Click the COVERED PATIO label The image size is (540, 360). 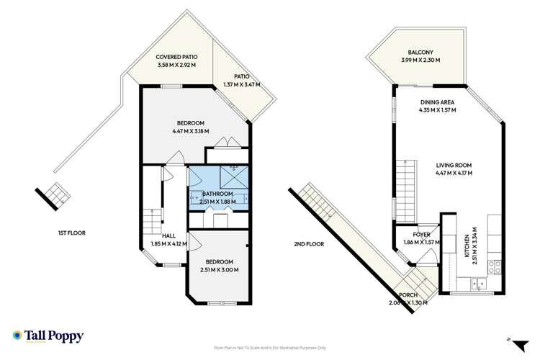click(x=177, y=57)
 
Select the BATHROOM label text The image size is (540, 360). click(x=217, y=194)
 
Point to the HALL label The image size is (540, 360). click(x=168, y=235)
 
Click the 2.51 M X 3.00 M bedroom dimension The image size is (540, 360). click(x=219, y=270)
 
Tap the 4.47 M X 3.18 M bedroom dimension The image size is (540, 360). click(x=190, y=132)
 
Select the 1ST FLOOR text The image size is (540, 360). click(x=73, y=233)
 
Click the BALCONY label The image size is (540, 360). click(x=420, y=53)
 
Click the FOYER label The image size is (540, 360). click(x=421, y=235)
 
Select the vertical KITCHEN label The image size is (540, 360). click(x=467, y=246)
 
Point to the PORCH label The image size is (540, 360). click(x=408, y=294)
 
